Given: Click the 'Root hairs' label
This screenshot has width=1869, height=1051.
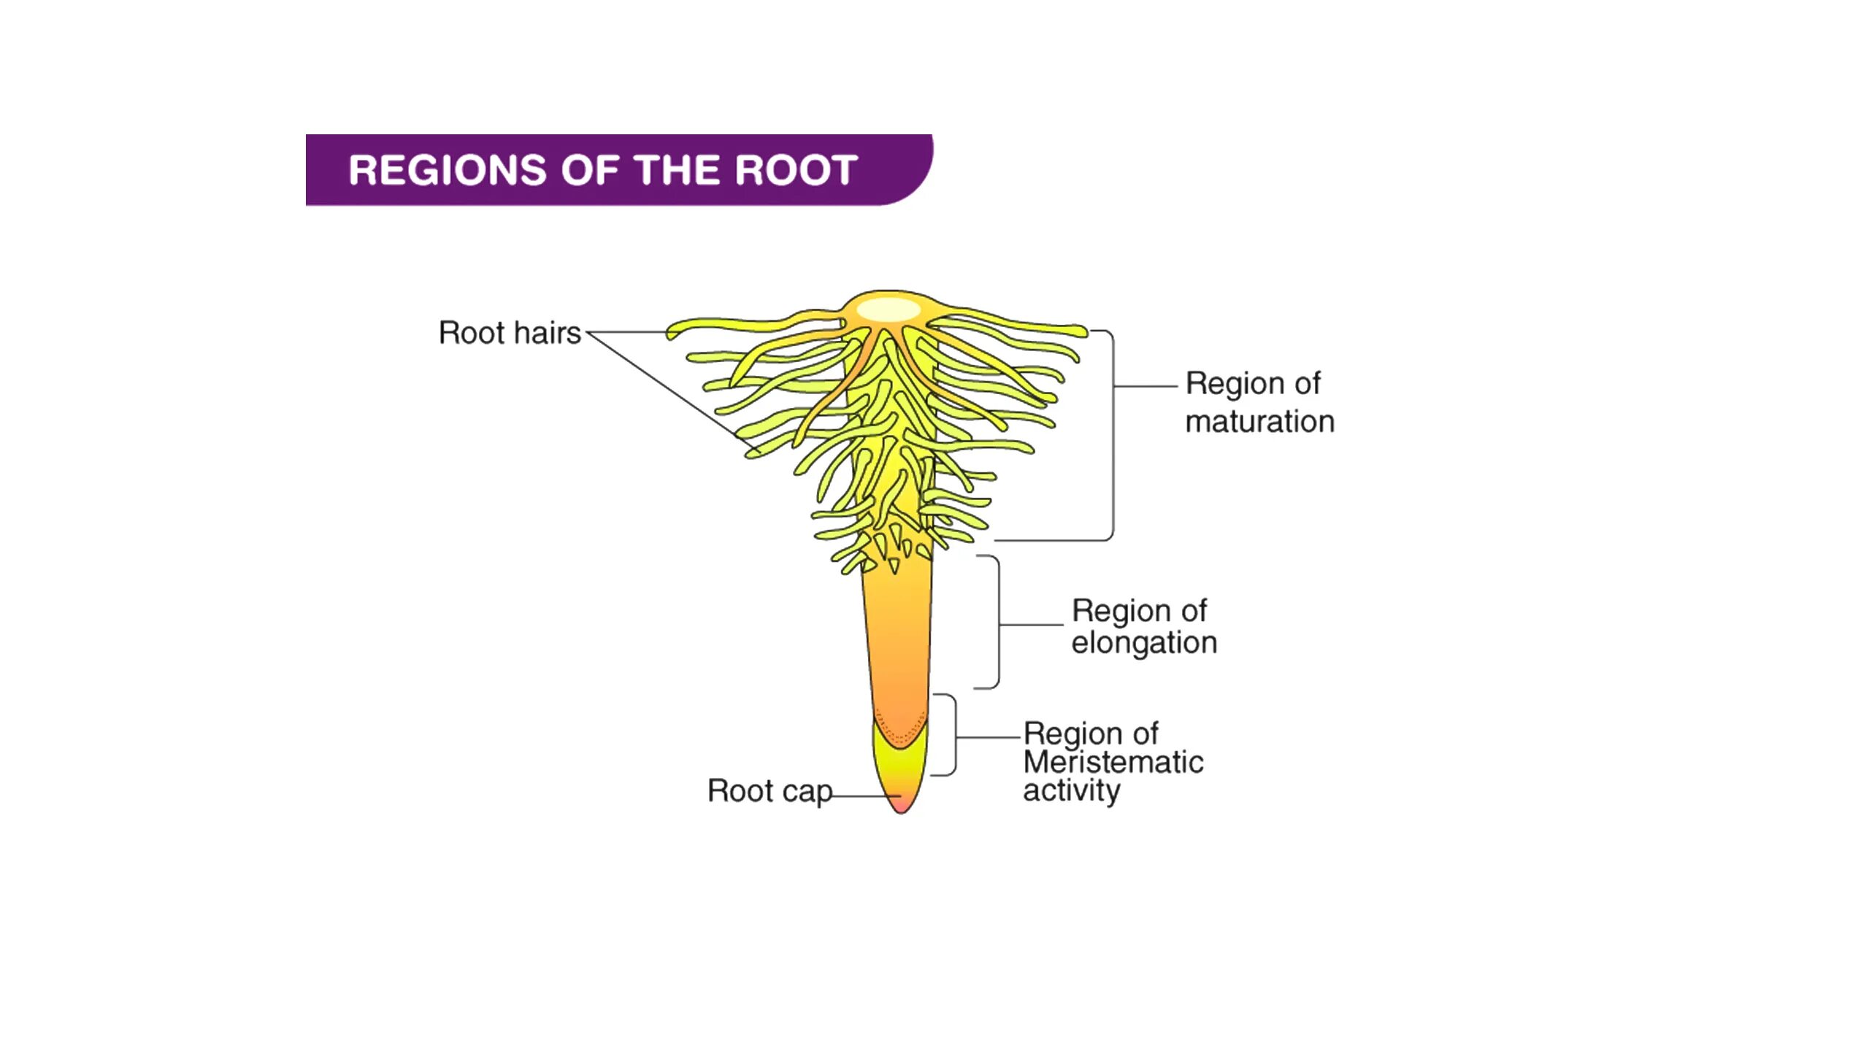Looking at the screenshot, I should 510,333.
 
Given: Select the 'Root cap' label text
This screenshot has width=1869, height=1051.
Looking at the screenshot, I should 770,791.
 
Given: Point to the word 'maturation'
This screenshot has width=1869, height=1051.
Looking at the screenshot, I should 1259,422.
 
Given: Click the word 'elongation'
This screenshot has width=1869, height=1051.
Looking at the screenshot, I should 1144,643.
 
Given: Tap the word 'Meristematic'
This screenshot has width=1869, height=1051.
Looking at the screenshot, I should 1113,763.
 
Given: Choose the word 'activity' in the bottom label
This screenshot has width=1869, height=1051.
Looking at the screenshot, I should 1071,791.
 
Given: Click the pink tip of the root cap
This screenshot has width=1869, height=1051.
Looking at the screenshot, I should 901,805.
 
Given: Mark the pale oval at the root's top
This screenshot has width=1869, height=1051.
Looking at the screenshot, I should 888,310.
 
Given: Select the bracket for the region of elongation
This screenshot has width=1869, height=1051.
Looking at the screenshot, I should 998,622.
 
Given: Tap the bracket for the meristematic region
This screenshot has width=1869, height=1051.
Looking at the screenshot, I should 954,735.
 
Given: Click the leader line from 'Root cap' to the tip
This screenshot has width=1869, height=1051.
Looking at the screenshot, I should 865,796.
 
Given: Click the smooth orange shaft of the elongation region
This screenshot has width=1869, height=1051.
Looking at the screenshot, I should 898,635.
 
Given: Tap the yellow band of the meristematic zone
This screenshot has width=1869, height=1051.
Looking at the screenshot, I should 899,766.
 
